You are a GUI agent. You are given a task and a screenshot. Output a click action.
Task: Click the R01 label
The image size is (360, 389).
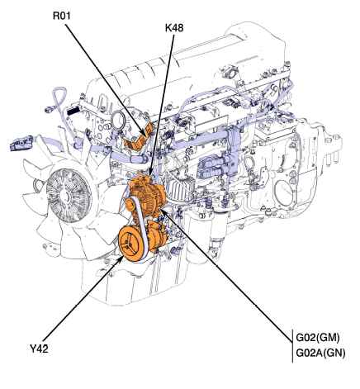click(x=62, y=16)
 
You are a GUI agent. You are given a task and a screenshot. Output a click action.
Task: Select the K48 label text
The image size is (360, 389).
click(x=174, y=27)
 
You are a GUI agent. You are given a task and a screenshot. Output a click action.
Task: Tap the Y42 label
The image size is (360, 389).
click(x=39, y=349)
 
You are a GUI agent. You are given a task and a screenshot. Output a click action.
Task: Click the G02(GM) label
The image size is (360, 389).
click(x=318, y=338)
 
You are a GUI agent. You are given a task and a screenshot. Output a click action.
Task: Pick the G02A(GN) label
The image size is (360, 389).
click(x=320, y=353)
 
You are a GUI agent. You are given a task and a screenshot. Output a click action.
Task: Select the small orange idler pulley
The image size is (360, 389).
click(x=130, y=205)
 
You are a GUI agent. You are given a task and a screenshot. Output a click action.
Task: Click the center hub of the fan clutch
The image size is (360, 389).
click(x=65, y=196)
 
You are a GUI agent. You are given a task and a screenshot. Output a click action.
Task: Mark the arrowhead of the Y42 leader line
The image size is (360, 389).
click(x=121, y=258)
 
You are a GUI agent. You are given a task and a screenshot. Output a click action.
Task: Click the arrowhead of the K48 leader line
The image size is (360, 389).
click(x=150, y=173)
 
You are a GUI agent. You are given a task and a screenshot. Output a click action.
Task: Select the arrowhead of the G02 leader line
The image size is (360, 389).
click(x=163, y=211)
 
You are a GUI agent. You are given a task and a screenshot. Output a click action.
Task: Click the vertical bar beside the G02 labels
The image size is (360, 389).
click(x=292, y=345)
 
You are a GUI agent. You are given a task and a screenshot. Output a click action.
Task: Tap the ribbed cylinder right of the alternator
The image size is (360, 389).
click(x=181, y=188)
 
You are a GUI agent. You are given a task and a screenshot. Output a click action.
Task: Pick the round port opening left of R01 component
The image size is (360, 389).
click(x=119, y=121)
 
